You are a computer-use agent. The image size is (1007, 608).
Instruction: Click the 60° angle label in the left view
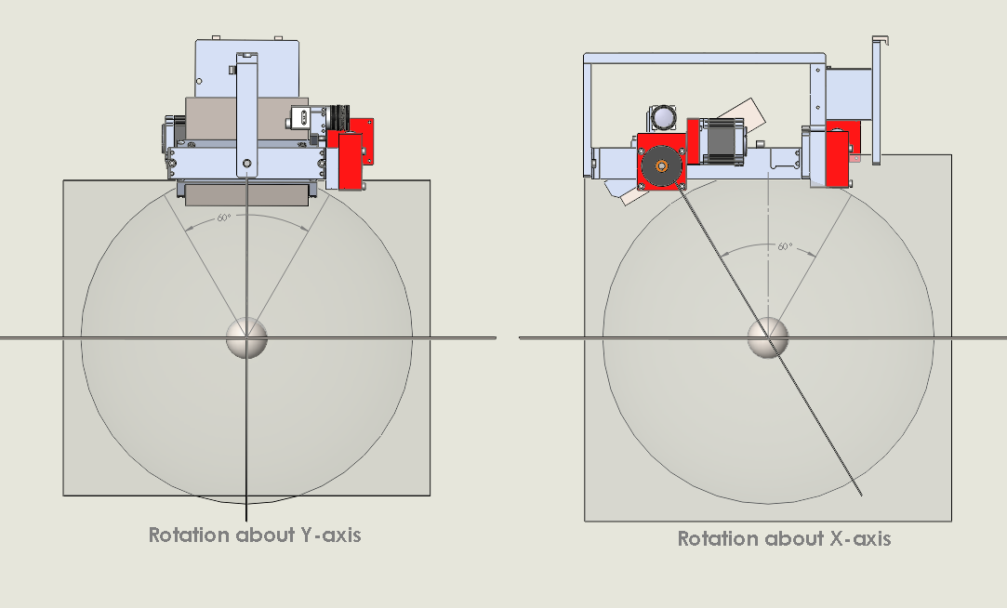[223, 218]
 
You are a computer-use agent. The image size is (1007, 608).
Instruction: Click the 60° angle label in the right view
[786, 246]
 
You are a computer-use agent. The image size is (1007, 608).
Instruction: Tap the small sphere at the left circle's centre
[246, 337]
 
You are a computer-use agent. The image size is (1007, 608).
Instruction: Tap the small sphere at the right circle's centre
[769, 337]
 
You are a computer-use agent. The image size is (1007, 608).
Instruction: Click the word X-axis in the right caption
[855, 538]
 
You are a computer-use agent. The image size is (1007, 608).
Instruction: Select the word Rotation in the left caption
[189, 535]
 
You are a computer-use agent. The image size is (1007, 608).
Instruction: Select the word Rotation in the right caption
[717, 538]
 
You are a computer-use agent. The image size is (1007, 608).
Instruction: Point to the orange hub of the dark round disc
[661, 166]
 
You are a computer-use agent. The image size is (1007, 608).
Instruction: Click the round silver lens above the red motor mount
[663, 118]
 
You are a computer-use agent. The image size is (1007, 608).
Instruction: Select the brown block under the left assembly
[245, 192]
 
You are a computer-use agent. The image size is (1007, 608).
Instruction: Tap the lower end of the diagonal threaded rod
[860, 490]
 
